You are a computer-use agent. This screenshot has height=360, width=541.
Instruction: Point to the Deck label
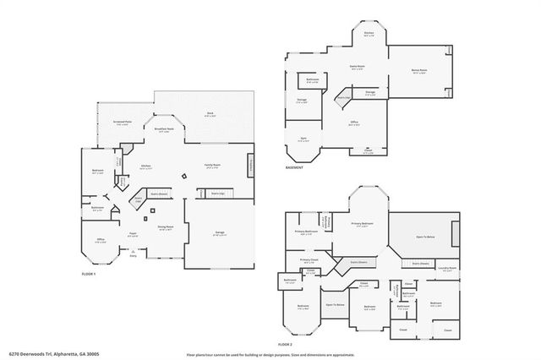coord(209,114)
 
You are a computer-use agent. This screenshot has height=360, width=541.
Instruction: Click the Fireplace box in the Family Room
coord(250,166)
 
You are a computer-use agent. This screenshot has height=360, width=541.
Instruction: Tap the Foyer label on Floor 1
coord(134,235)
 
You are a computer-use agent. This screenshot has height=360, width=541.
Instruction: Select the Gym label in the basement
coord(303,139)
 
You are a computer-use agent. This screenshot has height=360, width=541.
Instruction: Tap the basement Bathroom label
coord(312,80)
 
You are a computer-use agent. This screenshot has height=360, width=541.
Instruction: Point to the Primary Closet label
coord(309,260)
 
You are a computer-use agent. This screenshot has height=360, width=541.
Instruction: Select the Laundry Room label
coord(447,268)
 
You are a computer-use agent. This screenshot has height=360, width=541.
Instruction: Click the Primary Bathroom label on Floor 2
coord(306,232)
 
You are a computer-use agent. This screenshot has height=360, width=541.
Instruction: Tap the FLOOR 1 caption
coord(89,275)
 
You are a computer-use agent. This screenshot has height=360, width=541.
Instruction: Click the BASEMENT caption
coord(294,167)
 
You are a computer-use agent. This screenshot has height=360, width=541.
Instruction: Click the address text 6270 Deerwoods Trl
coord(29,354)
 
